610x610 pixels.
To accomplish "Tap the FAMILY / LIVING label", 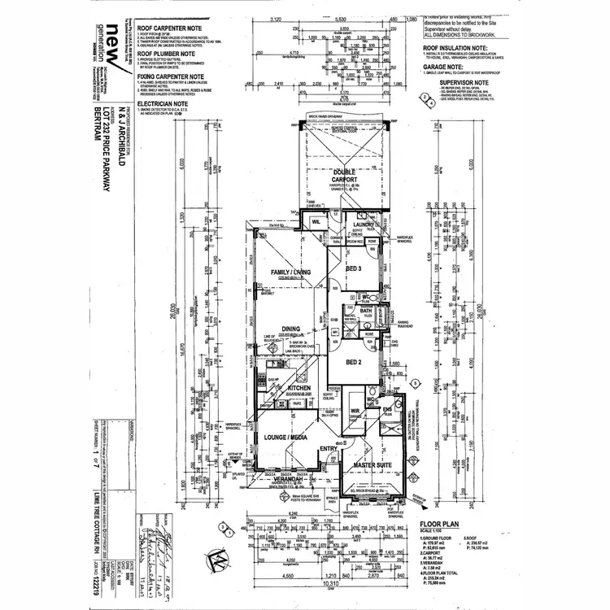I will coord(285,272).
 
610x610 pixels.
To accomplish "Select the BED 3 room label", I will coord(354,268).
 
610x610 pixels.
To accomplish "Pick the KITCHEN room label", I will coord(299,389).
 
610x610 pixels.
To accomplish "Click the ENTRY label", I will coord(328,448).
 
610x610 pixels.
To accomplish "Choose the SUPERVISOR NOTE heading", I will coord(464,82).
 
